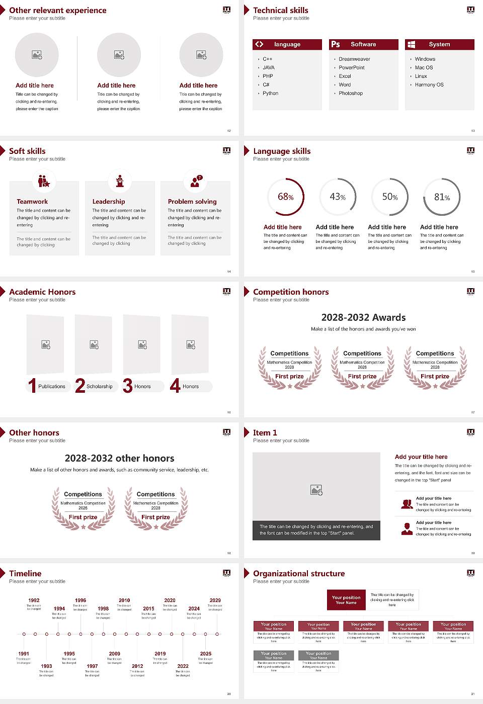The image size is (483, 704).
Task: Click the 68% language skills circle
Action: tap(286, 197)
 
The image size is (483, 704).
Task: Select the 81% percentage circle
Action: tap(442, 197)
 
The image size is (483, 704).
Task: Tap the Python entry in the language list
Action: tap(270, 93)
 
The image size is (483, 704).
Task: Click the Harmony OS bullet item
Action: tap(429, 84)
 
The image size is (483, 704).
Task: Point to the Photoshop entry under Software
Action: tap(351, 93)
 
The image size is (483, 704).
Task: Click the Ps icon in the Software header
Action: tap(336, 44)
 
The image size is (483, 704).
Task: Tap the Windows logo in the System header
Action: tap(411, 44)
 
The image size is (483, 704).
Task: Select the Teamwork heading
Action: tap(32, 201)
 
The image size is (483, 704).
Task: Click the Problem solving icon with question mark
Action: tap(196, 181)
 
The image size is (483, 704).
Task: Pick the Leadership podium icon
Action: tap(120, 181)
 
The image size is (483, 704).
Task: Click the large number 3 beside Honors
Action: tap(128, 386)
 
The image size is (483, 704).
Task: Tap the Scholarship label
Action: tap(99, 386)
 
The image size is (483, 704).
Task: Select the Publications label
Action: tap(52, 386)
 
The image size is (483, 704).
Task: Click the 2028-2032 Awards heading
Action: tap(363, 317)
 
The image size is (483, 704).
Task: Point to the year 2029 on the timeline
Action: tap(215, 600)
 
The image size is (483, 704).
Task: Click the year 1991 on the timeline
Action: tap(24, 654)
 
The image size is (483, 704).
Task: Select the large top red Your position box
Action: tap(346, 600)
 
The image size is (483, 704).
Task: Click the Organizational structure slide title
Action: tap(299, 573)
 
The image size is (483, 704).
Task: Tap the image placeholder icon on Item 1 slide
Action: tap(316, 489)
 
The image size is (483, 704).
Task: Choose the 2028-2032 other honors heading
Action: tap(119, 458)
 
